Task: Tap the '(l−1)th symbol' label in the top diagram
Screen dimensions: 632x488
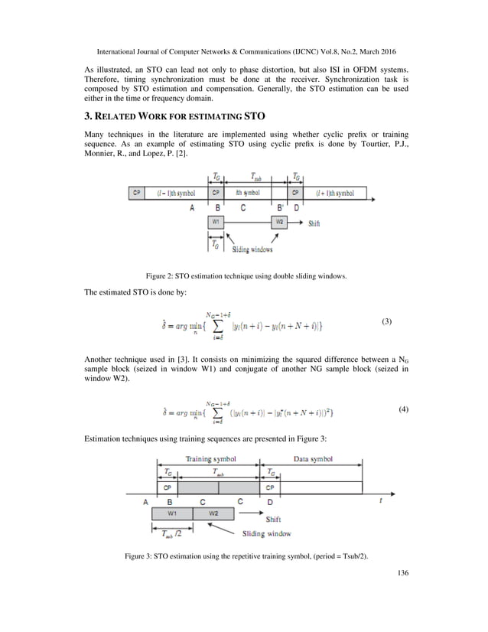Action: click(x=176, y=193)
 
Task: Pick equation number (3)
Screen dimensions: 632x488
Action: click(x=386, y=322)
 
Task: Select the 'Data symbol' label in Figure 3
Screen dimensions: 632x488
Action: click(x=314, y=459)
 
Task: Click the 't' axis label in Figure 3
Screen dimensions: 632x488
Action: click(x=380, y=500)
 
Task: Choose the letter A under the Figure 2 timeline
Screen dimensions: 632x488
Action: click(x=191, y=207)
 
